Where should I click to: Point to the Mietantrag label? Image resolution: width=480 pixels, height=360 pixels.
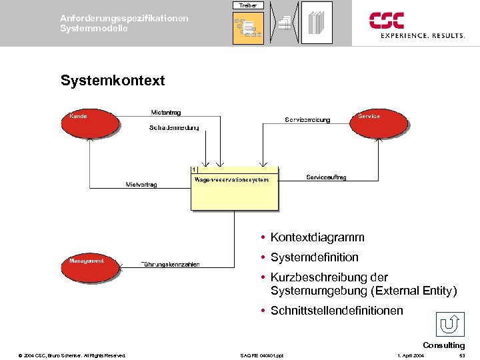tap(166, 112)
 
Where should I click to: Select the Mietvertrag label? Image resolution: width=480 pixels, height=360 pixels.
tap(141, 185)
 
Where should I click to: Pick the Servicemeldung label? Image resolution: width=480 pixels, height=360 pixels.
tap(307, 120)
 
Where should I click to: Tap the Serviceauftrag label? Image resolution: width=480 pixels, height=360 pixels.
tap(326, 177)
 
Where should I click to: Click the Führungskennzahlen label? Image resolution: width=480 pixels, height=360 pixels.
tap(171, 265)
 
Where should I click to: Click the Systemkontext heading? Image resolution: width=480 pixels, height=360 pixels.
tap(112, 81)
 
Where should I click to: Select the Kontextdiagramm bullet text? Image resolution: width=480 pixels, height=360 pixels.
tap(317, 237)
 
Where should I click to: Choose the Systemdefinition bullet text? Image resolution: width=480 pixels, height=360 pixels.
tap(314, 257)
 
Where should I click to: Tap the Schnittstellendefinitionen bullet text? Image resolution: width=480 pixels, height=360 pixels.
tap(336, 311)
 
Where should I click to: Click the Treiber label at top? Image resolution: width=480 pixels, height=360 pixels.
tap(248, 5)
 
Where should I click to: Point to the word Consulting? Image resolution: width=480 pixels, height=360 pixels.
tap(443, 345)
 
